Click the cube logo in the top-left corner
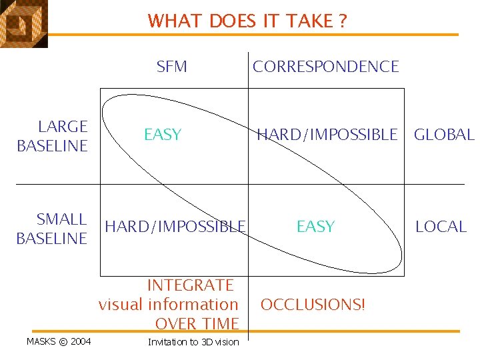(23, 23)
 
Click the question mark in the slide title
(342, 21)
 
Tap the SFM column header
(171, 67)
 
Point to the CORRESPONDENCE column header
(325, 67)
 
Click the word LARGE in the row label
(63, 127)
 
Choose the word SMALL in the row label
(61, 219)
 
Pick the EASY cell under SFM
(163, 135)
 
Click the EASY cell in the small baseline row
(315, 227)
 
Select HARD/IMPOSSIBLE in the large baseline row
(327, 135)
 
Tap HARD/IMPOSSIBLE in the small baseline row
(175, 227)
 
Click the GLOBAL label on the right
(444, 135)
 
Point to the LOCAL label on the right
(441, 227)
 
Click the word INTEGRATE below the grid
(190, 285)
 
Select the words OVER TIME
(197, 324)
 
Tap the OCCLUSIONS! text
(313, 305)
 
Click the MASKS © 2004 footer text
(59, 342)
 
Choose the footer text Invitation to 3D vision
(193, 342)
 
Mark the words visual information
(168, 305)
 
